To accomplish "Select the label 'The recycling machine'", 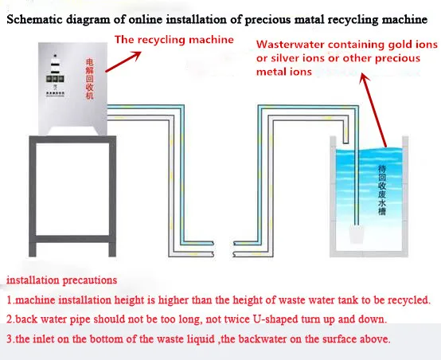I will [x=174, y=39].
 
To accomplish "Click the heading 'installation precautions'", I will [x=63, y=280].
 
